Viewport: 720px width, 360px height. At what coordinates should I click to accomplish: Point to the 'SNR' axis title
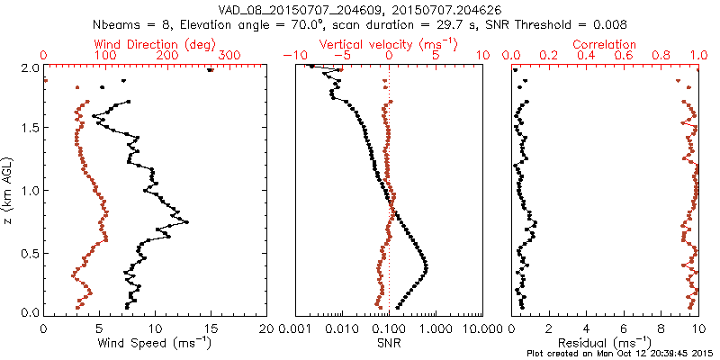point(389,342)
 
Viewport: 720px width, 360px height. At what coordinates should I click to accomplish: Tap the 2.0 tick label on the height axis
point(28,68)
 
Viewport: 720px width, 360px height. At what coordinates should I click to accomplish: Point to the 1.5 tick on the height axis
point(28,129)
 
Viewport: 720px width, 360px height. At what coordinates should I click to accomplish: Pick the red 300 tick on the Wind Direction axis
point(229,56)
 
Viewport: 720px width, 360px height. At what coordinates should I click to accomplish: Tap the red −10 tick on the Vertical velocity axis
point(291,56)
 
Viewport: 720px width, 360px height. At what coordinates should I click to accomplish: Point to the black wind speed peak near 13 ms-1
point(186,221)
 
